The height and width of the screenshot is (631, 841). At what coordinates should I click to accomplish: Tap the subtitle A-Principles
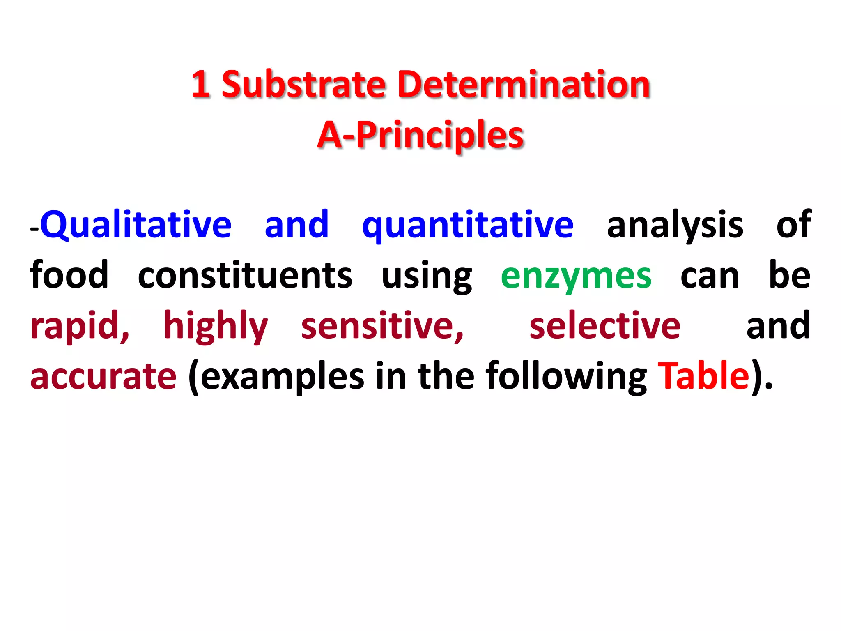[420, 135]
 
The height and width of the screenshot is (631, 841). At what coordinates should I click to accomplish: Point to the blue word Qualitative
[136, 225]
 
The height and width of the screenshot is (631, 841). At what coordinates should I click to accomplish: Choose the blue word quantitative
[468, 226]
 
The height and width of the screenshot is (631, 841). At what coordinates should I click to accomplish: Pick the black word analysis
[675, 226]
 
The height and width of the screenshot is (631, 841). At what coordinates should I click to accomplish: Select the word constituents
[245, 276]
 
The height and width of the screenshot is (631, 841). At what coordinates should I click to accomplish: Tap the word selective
[605, 325]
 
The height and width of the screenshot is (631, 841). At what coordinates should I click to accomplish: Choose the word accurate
[103, 376]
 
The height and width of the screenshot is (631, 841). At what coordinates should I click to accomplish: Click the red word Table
[703, 375]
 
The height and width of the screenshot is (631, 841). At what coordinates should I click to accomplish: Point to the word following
[566, 376]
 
